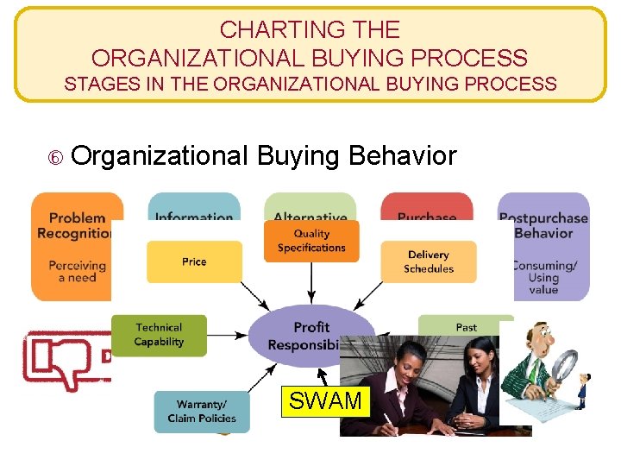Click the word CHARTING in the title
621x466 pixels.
click(267, 30)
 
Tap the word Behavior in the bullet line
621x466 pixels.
click(402, 156)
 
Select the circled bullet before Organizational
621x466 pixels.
click(56, 158)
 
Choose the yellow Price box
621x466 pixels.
click(194, 261)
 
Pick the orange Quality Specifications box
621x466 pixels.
click(311, 241)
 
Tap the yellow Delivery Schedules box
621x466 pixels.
click(429, 261)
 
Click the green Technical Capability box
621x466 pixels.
click(160, 335)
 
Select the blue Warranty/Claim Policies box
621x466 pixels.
click(202, 412)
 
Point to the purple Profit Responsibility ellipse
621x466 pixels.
click(306, 335)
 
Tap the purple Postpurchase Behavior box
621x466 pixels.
click(543, 246)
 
